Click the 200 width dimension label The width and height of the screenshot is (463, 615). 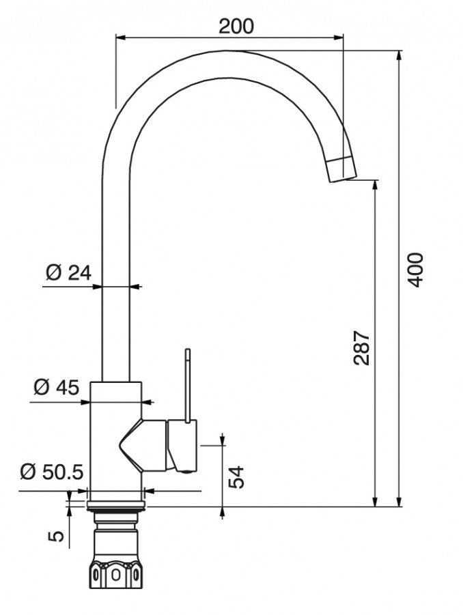click(x=236, y=26)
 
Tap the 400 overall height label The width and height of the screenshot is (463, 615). click(x=415, y=270)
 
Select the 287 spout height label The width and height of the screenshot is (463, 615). click(x=361, y=348)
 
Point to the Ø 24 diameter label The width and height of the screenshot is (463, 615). click(x=69, y=272)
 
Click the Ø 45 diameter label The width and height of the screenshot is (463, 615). click(x=57, y=388)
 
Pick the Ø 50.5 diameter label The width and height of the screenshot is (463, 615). click(x=52, y=472)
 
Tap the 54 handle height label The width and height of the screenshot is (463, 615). click(x=236, y=477)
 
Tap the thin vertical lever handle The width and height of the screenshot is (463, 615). click(x=188, y=386)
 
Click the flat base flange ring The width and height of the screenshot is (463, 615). click(x=116, y=506)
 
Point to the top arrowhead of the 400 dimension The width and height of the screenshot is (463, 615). click(x=399, y=55)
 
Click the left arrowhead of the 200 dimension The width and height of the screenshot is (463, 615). click(x=120, y=38)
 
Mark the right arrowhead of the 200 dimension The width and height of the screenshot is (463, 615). click(x=339, y=38)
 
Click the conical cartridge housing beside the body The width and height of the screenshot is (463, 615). click(x=143, y=445)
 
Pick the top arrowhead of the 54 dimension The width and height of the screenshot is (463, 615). click(x=223, y=440)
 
